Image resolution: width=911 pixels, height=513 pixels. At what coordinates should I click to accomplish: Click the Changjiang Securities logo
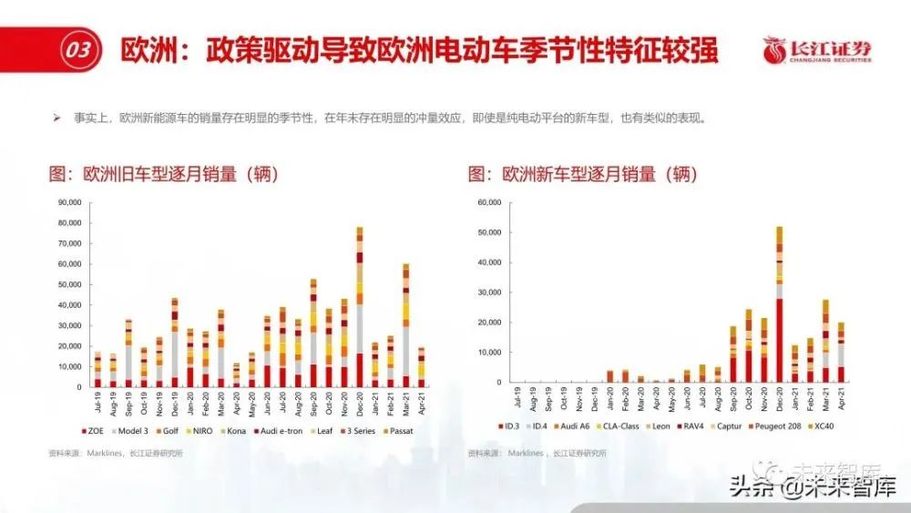pos(816,50)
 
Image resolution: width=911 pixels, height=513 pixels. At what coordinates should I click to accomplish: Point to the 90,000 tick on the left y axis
pos(69,202)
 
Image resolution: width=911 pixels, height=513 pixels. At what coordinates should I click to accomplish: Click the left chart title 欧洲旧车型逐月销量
pos(164,174)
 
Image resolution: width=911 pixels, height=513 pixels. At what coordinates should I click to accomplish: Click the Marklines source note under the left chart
pos(115,453)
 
